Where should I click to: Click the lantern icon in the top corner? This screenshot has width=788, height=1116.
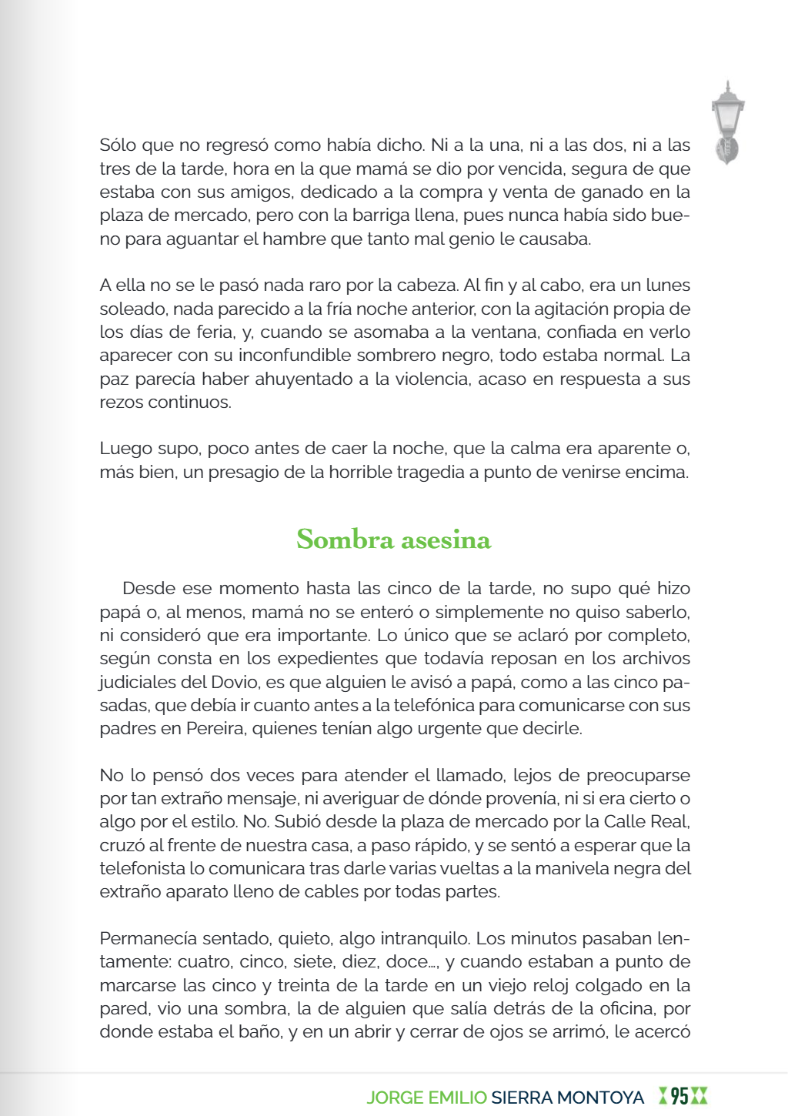[727, 122]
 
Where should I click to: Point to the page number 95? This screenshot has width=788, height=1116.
[679, 1096]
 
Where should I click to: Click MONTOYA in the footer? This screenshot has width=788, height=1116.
[600, 1098]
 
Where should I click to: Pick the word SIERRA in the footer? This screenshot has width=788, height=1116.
[522, 1098]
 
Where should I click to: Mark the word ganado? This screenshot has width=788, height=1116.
[603, 192]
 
